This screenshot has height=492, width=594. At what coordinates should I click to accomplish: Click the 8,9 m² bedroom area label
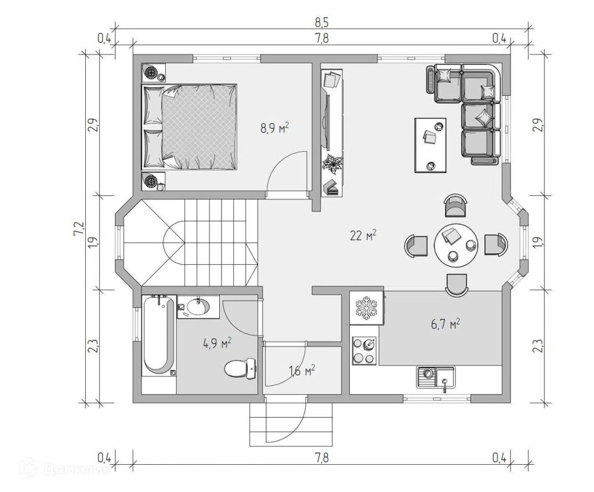click(x=274, y=128)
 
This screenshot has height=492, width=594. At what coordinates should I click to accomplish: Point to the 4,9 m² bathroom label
click(x=217, y=344)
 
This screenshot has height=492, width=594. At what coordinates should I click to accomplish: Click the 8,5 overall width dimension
click(x=321, y=23)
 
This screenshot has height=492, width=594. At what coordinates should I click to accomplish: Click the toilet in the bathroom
click(x=240, y=368)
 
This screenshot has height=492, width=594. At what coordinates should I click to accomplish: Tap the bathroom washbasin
click(x=198, y=307)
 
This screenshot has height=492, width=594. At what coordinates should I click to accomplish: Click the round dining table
click(x=456, y=245)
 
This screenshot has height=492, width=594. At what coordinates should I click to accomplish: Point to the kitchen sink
click(x=436, y=377)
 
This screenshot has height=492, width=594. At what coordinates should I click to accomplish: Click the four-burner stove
click(x=364, y=351)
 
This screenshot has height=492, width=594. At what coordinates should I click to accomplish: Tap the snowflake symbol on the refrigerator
click(x=367, y=308)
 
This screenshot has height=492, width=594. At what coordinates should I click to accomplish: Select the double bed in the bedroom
click(x=190, y=127)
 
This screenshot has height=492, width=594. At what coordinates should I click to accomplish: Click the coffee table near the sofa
click(x=430, y=145)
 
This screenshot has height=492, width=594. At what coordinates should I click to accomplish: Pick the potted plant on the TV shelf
click(x=332, y=164)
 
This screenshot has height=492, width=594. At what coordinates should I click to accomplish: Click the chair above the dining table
click(x=455, y=205)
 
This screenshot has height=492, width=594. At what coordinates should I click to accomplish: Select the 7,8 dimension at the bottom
click(x=321, y=458)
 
